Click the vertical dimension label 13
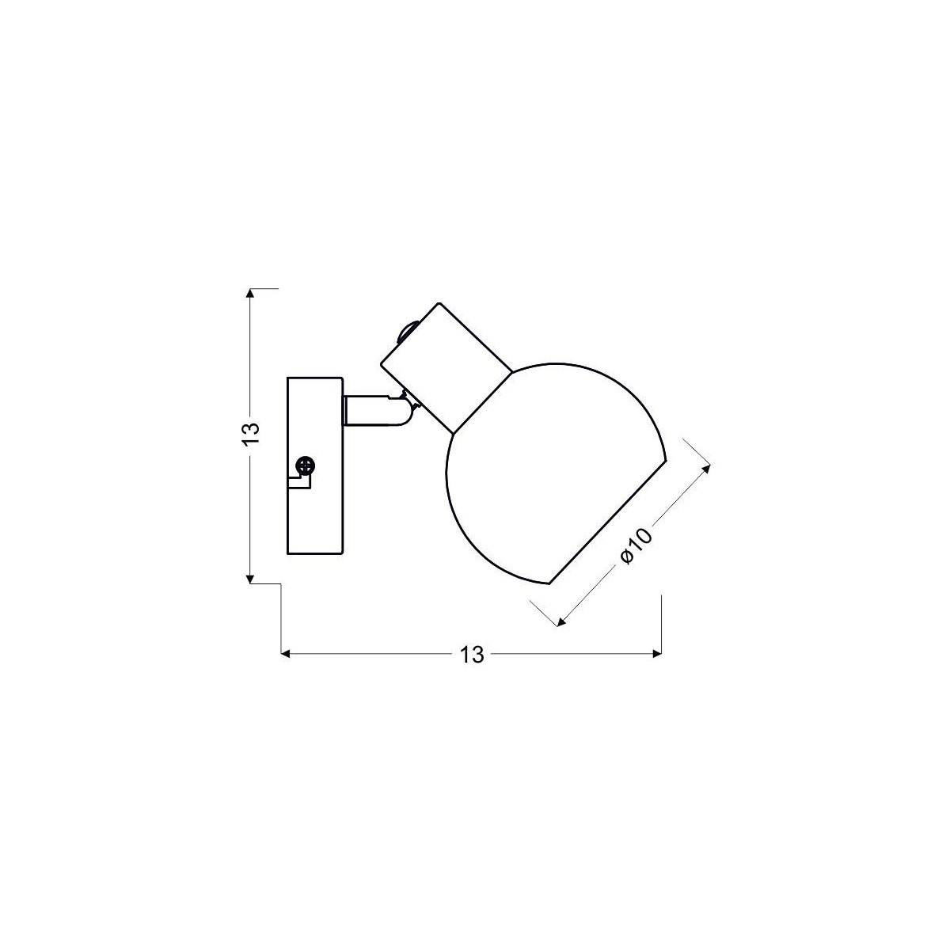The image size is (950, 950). click(251, 433)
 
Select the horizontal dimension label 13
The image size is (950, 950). click(471, 655)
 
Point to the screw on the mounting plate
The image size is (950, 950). click(302, 466)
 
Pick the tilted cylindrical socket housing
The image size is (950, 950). click(445, 366)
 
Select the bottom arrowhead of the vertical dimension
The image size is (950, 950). click(251, 578)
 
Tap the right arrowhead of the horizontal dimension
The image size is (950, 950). click(655, 654)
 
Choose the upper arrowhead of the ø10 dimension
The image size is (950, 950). click(707, 467)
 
